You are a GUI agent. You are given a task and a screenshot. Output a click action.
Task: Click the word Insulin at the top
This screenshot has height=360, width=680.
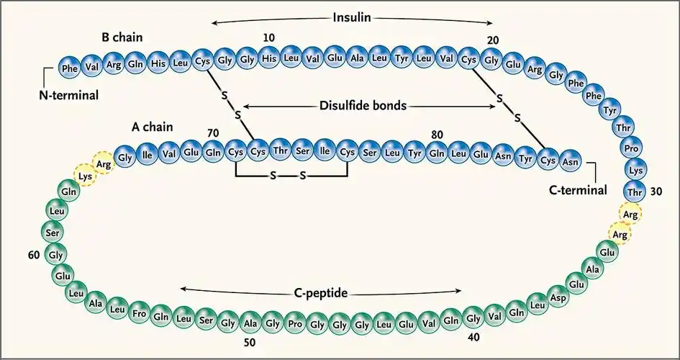pos(353,17)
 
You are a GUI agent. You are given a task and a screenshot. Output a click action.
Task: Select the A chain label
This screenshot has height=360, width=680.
pos(153,127)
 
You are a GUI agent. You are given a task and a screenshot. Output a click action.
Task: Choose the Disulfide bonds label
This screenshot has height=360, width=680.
pos(363,105)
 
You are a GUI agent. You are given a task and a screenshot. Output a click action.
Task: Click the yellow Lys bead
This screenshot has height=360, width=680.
pos(86,176)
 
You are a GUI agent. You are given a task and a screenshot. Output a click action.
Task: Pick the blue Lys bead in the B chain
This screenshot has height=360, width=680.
pos(635,171)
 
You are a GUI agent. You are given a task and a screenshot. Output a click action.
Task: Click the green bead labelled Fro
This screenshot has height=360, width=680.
pos(140,315)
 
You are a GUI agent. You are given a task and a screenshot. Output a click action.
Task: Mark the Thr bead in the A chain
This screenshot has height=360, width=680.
pos(279,151)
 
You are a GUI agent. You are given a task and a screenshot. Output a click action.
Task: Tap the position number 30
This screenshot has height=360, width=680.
pos(656,192)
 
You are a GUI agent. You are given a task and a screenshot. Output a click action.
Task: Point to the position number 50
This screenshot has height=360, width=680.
pos(249,343)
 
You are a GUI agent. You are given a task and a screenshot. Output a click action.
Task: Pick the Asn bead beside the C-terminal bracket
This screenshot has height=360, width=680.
pos(571,157)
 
